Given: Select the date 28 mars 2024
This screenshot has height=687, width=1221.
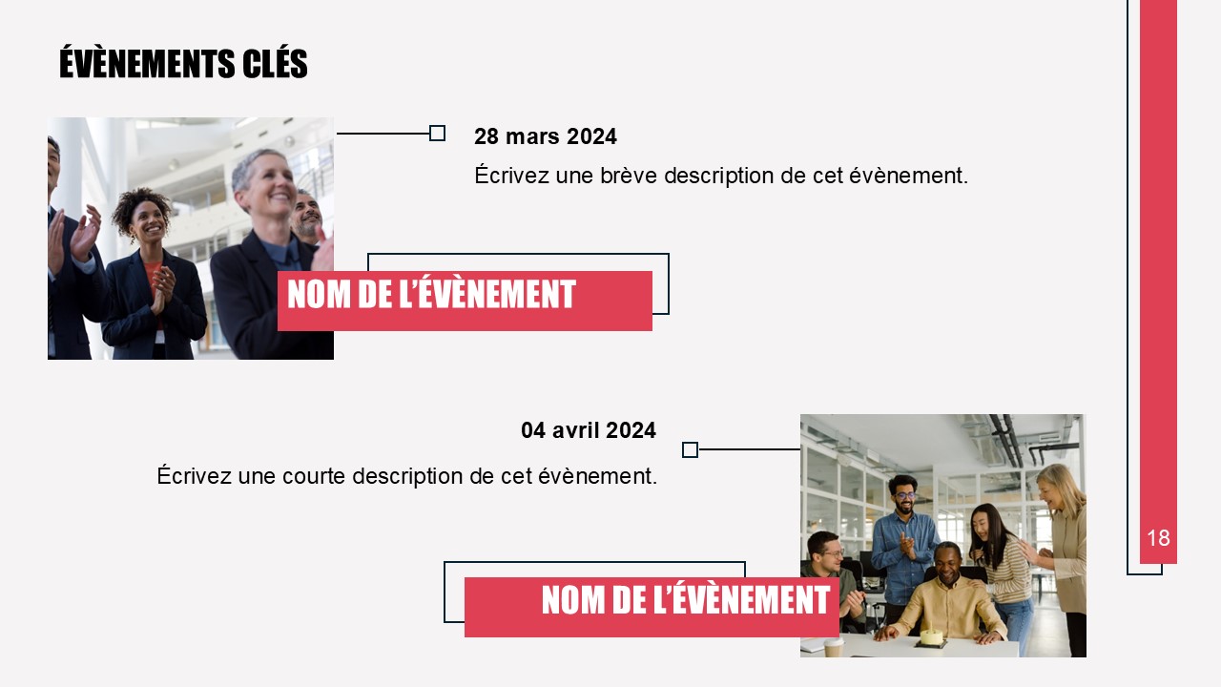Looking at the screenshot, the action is point(545,136).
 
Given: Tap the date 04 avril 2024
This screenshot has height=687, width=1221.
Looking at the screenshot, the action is point(589,430).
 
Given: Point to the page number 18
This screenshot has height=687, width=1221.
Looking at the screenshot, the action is point(1158,538).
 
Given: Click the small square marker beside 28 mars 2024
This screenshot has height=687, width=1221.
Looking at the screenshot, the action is point(437,133).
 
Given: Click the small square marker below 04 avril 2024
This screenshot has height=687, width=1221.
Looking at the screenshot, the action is point(690,449).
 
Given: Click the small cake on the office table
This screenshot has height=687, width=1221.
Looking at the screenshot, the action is point(932,636).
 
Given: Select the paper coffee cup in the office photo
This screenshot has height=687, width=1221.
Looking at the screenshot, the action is point(834,648).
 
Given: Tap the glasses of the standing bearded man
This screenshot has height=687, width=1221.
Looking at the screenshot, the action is point(905,495).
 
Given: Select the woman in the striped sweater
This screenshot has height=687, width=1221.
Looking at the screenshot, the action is point(1002,572).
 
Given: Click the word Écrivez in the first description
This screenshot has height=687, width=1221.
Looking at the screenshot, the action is point(511,175).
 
